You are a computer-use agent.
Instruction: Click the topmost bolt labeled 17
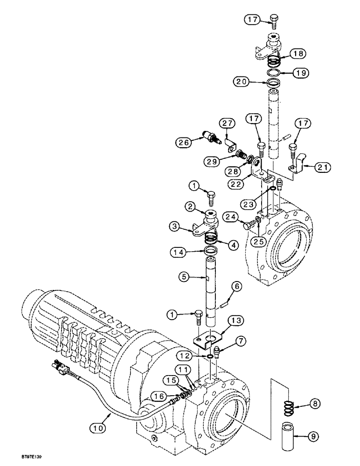[274, 20]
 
